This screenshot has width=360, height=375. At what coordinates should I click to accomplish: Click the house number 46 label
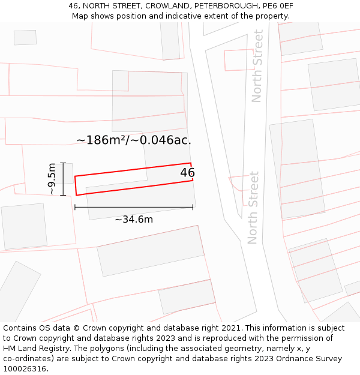tap(187, 173)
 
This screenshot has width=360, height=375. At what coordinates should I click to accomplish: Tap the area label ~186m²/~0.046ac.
tap(134, 140)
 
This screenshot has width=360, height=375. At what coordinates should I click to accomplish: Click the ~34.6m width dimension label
tap(134, 220)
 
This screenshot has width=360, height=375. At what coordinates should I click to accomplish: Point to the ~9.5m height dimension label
tap(52, 179)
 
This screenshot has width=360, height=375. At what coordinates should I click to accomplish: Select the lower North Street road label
tap(253, 208)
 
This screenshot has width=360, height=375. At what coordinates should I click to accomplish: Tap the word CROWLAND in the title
tap(166, 6)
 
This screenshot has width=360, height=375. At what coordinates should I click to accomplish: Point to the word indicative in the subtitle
tap(192, 16)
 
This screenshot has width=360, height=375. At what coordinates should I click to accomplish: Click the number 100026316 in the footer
tap(25, 368)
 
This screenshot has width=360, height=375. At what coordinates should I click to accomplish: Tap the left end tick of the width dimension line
tap(75, 207)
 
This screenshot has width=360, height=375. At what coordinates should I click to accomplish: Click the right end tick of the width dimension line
tap(193, 207)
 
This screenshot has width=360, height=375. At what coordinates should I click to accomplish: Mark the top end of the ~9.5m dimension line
tap(63, 163)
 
